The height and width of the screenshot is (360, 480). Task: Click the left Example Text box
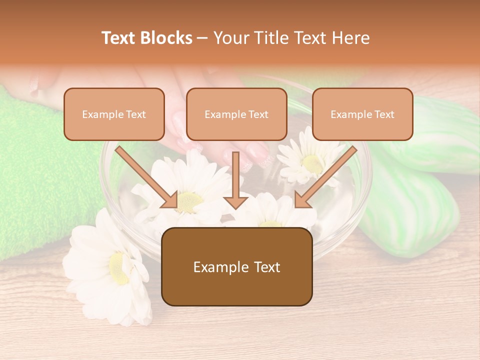pos(114,114)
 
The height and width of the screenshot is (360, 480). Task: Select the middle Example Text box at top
pos(236,114)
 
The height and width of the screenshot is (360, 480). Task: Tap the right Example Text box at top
pos(362,114)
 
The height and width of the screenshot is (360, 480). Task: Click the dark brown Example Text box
pos(237,266)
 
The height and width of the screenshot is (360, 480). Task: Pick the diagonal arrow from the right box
pos(325,177)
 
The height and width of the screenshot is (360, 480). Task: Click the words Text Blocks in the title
pos(147,38)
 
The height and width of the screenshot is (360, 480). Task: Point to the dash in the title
pos(203,38)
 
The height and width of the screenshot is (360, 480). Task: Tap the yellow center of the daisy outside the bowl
pos(119,268)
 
